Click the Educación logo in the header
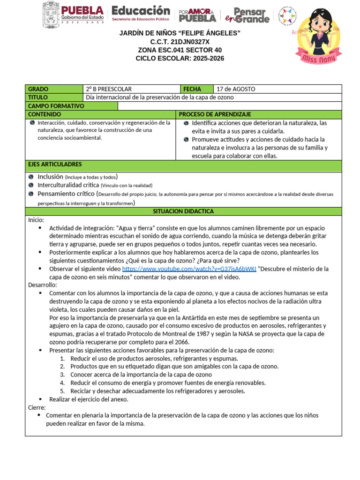point(141,14)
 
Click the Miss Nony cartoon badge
point(322,36)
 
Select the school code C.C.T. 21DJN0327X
point(180,42)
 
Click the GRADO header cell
point(38,89)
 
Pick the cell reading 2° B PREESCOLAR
point(109,89)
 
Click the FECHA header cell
point(192,89)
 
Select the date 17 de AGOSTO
point(236,89)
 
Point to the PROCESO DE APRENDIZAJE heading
point(215,114)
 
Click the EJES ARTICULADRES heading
point(55,165)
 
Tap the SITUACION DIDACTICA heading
point(183,211)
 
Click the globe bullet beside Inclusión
point(31,177)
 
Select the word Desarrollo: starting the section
point(43,285)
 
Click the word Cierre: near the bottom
point(37,407)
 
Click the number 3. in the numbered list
point(62,375)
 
